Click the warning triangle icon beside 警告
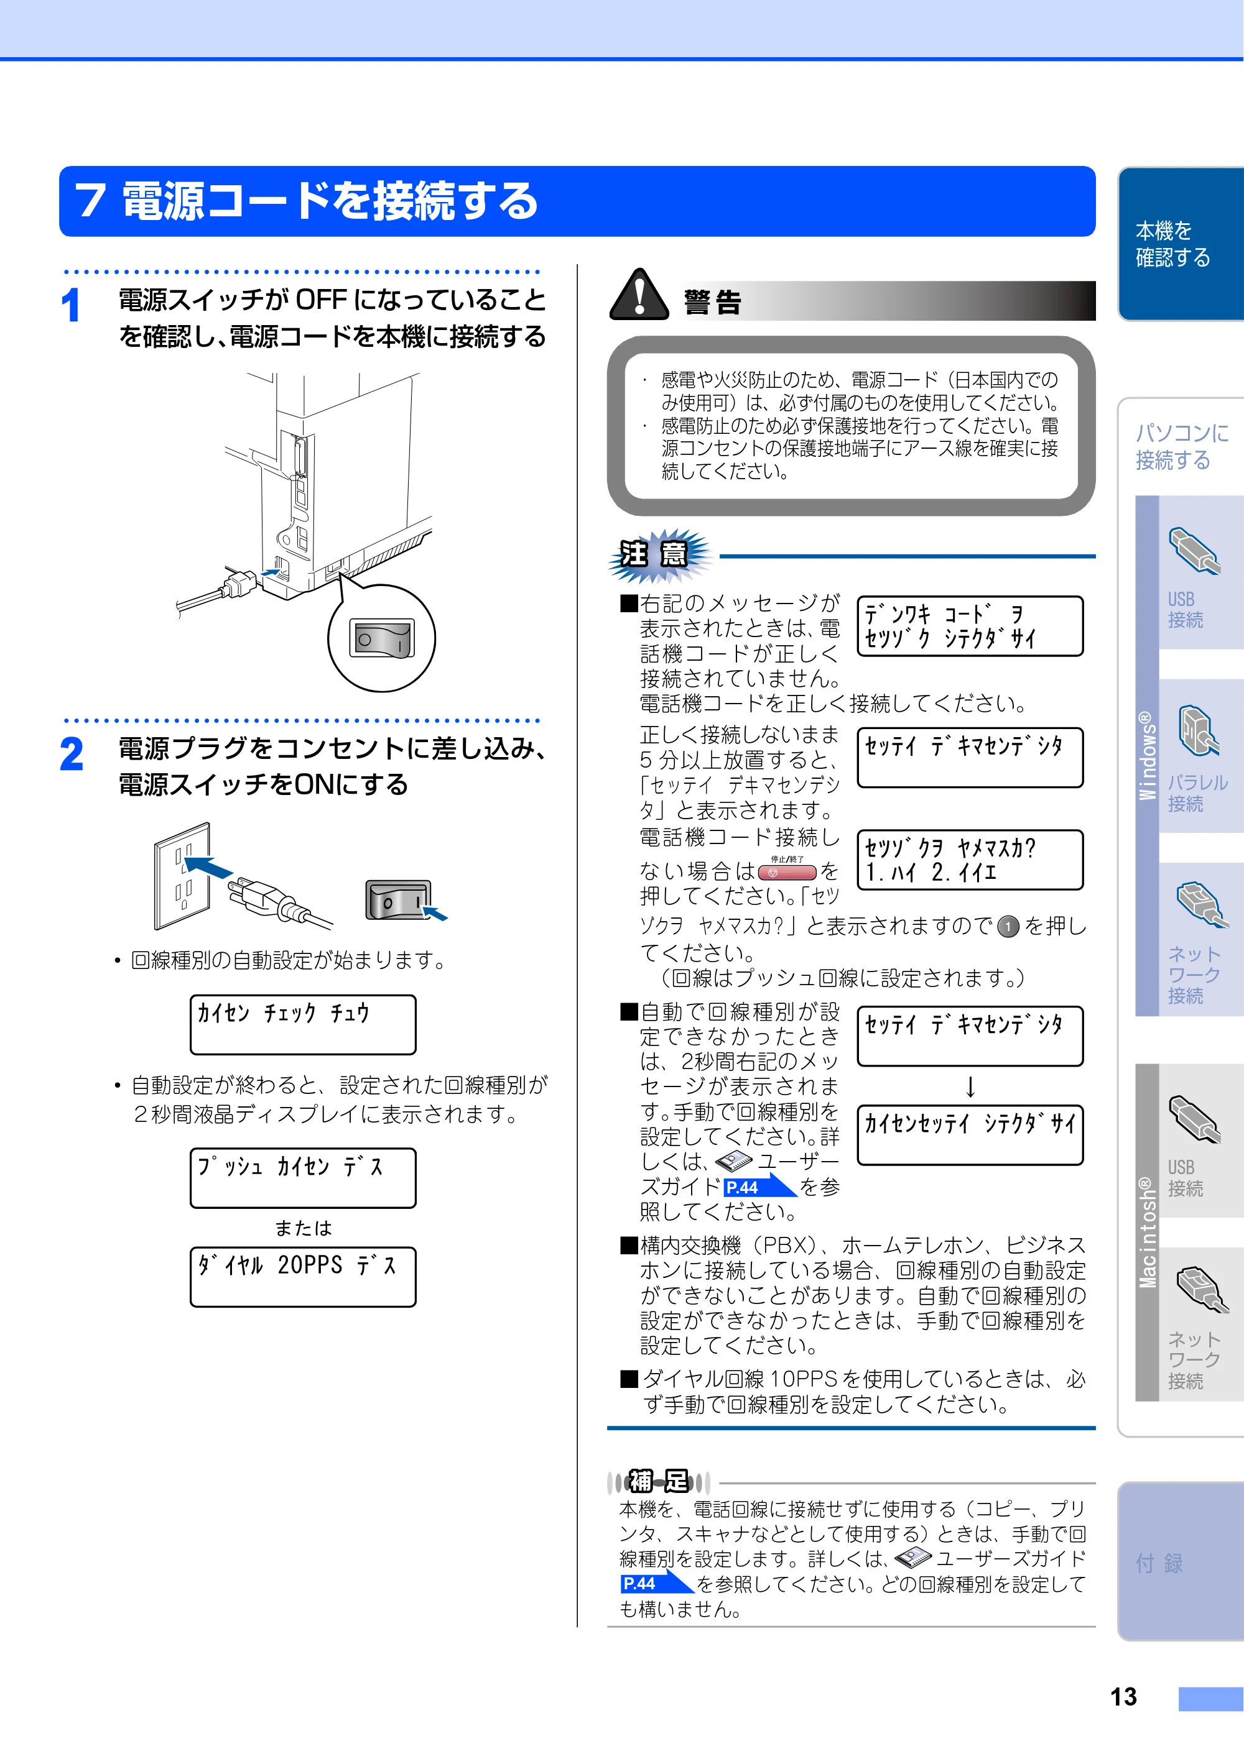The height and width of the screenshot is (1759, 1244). [639, 296]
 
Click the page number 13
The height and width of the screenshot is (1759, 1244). [1124, 1696]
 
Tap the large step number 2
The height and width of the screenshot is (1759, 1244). [72, 754]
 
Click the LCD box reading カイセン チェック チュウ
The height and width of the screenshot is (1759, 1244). [303, 1024]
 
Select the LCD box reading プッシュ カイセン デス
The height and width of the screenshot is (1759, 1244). [303, 1177]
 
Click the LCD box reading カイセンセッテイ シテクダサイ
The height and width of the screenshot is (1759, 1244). [970, 1134]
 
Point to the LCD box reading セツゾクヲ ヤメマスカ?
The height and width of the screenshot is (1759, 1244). [970, 860]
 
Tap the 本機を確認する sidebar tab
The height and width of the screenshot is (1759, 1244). [1181, 244]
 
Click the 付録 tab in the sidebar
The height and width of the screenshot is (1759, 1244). [1181, 1561]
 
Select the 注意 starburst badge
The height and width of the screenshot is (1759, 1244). [659, 554]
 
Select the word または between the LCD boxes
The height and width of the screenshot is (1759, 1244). [304, 1228]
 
